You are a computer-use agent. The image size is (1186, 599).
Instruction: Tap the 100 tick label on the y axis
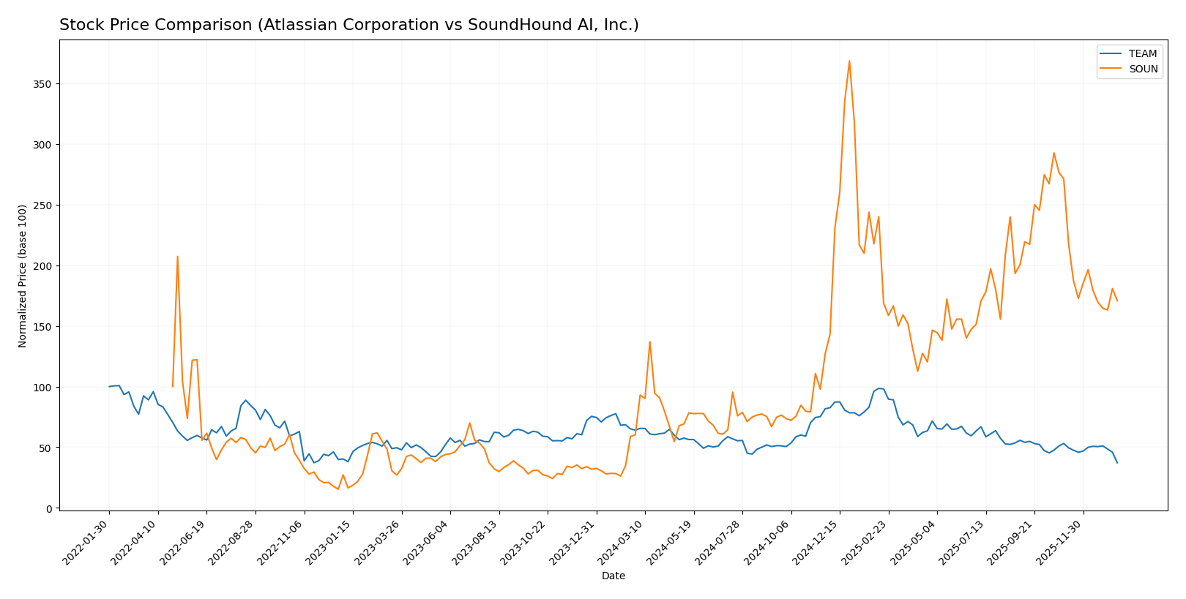(42, 387)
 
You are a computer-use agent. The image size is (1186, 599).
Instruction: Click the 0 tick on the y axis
(48, 508)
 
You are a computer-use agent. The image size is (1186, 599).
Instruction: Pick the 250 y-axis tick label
(42, 206)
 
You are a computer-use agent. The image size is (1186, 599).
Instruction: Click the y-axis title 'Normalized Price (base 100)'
(23, 276)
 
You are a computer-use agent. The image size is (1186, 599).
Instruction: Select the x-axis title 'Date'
(613, 576)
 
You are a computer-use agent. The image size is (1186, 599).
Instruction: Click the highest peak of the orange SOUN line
(849, 61)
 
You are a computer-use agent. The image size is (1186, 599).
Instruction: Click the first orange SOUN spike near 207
(177, 256)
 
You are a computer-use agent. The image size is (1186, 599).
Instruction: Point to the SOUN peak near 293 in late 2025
(1053, 153)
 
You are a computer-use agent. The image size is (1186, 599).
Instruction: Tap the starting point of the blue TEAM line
(109, 387)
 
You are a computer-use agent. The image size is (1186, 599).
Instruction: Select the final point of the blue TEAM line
(1117, 463)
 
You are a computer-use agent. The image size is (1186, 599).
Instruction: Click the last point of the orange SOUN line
(1117, 301)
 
